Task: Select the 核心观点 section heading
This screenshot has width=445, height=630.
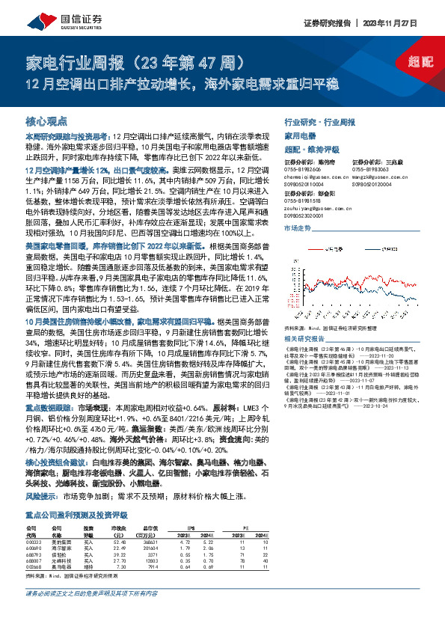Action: click(46, 120)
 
